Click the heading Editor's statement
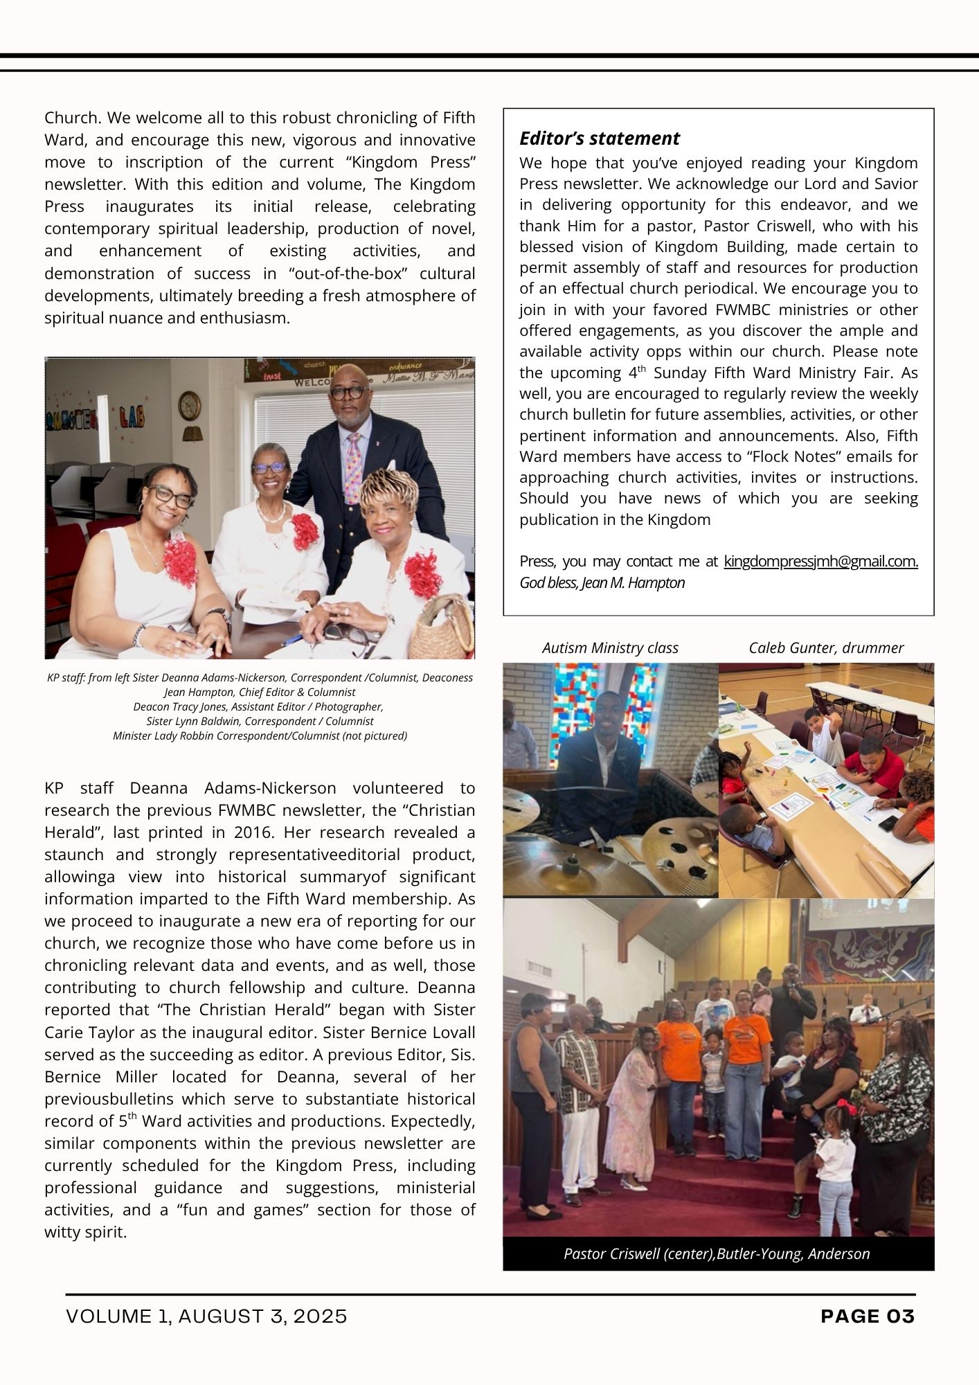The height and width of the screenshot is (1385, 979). point(600,138)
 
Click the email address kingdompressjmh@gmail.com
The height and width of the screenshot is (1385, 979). point(820,562)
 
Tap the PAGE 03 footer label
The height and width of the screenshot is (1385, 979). point(868,1316)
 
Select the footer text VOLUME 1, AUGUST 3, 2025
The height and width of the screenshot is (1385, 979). point(206,1316)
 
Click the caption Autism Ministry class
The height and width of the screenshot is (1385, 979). point(610,648)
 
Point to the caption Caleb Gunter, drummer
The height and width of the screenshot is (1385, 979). point(826,648)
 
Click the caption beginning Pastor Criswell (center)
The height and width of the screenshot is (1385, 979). point(717,1254)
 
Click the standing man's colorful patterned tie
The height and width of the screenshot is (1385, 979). point(353,467)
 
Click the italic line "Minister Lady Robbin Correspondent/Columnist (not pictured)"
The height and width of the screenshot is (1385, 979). point(260,736)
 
